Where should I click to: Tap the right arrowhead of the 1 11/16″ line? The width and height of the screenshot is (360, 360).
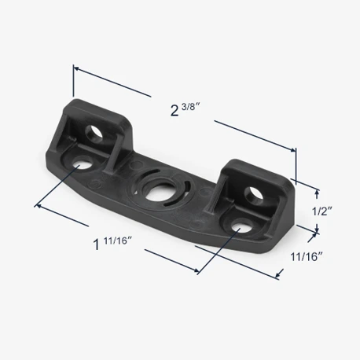click(197, 271)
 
